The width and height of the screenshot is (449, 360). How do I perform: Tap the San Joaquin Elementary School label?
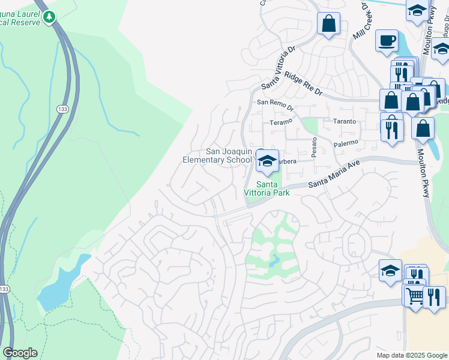[x=217, y=156]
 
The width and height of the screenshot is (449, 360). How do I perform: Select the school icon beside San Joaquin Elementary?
[x=267, y=160]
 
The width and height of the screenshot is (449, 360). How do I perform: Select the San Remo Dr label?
[x=275, y=104]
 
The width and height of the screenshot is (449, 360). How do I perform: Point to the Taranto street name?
[x=345, y=121]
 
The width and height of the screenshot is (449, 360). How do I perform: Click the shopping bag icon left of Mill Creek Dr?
[x=328, y=24]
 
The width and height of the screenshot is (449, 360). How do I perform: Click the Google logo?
[x=20, y=353]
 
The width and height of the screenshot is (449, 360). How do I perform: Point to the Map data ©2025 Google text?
[x=412, y=355]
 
